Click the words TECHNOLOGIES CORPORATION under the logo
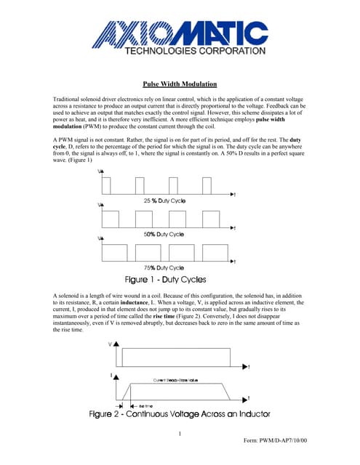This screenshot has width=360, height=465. [x=185, y=52]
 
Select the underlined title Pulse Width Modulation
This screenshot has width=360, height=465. [x=180, y=84]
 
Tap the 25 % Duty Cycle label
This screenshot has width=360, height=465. [x=164, y=200]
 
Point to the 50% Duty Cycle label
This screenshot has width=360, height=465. [x=163, y=234]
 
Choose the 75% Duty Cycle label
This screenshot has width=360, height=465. [x=163, y=267]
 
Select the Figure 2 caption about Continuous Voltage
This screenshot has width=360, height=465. [x=180, y=414]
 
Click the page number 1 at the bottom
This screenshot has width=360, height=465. [x=179, y=434]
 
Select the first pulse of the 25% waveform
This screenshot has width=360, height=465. [x=107, y=185]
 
